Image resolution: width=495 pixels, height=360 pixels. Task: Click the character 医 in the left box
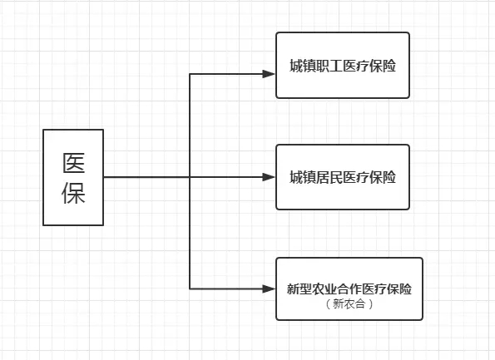tap(73, 163)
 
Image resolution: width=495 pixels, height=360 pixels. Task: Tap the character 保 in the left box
tap(73, 194)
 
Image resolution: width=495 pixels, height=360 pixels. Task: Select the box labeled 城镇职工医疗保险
tap(343, 65)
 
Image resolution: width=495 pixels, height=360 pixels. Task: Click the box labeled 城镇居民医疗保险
tap(343, 177)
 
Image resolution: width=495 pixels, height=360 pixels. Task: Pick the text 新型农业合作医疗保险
tap(349, 288)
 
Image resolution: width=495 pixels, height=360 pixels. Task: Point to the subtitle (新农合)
tap(349, 304)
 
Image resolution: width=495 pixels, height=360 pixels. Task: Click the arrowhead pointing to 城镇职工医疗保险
tap(269, 73)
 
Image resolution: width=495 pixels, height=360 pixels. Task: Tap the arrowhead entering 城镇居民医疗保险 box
tap(269, 177)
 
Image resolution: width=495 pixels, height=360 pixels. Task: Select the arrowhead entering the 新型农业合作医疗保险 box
tap(269, 288)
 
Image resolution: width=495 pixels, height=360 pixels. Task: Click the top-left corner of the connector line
tap(191, 73)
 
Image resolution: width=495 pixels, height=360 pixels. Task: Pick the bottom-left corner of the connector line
tap(191, 288)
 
